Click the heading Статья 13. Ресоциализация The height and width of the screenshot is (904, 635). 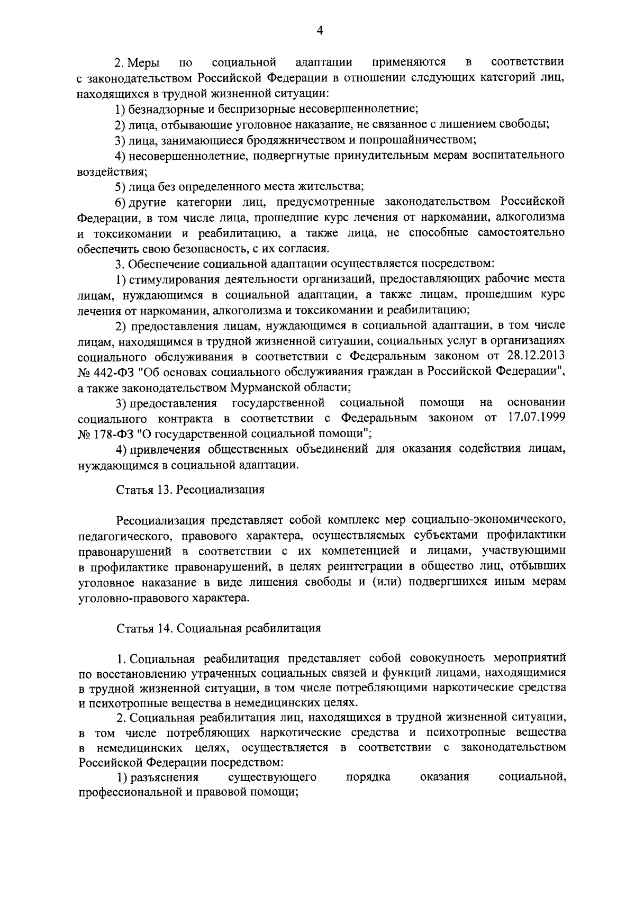[190, 490]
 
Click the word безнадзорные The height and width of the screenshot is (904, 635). [162, 109]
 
